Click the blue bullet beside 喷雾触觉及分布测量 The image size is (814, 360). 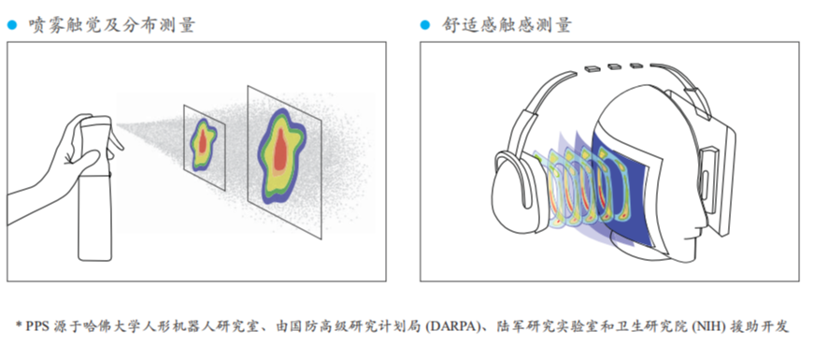pos(12,25)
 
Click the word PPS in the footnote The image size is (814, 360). pos(37,326)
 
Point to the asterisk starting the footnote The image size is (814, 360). pos(19,325)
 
